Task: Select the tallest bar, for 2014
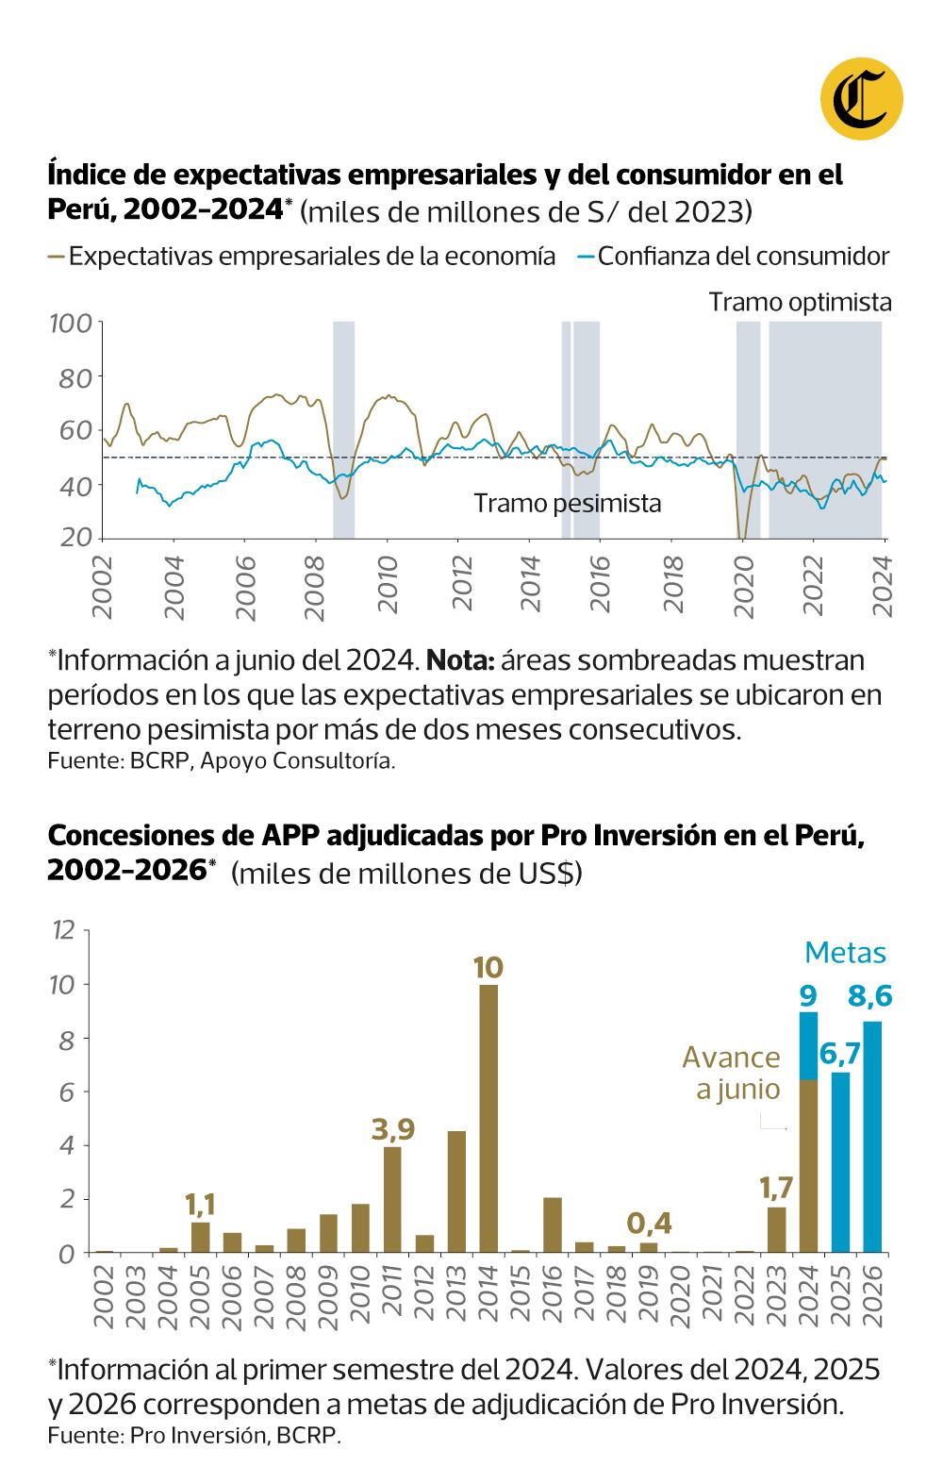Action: click(488, 1118)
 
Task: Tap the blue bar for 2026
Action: click(872, 1137)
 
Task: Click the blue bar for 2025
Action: click(840, 1162)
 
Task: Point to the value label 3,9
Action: click(392, 1128)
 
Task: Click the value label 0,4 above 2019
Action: click(649, 1224)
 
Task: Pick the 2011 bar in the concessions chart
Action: click(392, 1199)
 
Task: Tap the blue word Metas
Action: click(845, 953)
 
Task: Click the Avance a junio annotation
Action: click(732, 1073)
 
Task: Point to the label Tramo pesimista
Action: click(567, 504)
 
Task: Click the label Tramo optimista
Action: click(800, 302)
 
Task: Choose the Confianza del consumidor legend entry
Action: click(743, 256)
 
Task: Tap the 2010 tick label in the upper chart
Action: click(386, 588)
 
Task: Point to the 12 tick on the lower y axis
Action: click(63, 931)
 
